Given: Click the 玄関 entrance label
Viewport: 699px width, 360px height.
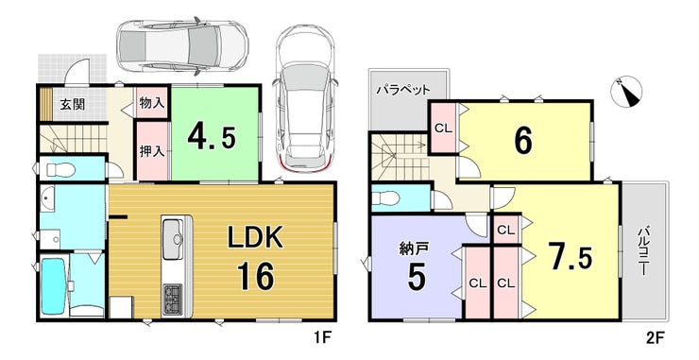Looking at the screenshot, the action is [73, 105].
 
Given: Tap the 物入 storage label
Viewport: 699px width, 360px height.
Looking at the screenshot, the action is [152, 103].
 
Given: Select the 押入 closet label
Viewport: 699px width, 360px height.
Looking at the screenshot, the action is [152, 152].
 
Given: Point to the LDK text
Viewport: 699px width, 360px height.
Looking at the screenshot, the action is [255, 238].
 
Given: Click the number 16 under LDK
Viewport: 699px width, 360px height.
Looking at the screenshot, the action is [255, 276].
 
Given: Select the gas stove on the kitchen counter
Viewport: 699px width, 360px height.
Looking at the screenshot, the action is [172, 300].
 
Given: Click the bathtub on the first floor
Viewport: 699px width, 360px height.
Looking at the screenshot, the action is [54, 285].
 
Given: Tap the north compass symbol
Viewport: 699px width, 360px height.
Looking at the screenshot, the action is [626, 92].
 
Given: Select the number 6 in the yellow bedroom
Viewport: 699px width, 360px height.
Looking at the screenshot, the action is [523, 142].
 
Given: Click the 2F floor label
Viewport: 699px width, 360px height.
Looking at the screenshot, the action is [654, 337].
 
